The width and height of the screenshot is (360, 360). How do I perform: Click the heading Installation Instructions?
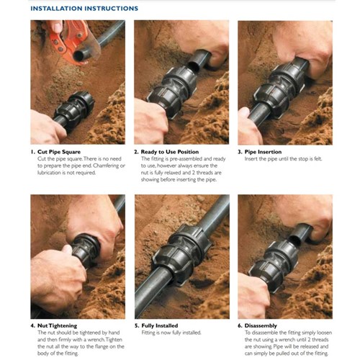point(85,9)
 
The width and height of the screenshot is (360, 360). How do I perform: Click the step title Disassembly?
point(264,325)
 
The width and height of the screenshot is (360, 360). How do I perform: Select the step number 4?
point(32,325)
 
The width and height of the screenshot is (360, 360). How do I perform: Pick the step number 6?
point(240,325)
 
